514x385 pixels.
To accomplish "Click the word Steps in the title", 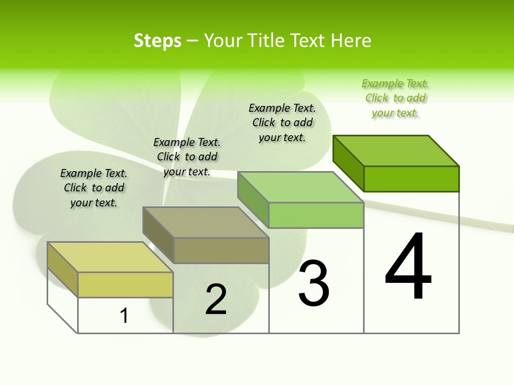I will [x=157, y=41].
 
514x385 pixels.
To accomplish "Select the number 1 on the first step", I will [x=124, y=316].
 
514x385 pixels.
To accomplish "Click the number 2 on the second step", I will [x=216, y=299].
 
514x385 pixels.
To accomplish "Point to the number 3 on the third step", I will [x=314, y=283].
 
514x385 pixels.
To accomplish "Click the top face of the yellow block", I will [x=110, y=257].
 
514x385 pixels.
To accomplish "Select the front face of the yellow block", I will [x=125, y=284].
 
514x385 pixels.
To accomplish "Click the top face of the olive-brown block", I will [x=205, y=222].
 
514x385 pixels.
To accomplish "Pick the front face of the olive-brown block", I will [x=221, y=250].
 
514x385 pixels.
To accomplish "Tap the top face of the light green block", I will [x=300, y=187].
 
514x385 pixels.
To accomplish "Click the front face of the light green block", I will [x=316, y=215].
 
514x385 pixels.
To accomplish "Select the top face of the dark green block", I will [x=396, y=151].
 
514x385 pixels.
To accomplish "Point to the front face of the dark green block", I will [x=411, y=179].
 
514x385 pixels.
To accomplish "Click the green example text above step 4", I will [x=395, y=98].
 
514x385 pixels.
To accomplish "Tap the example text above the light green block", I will [x=282, y=122].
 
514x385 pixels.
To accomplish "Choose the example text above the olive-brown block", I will [x=187, y=157].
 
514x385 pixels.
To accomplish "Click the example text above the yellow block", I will [x=94, y=188].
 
